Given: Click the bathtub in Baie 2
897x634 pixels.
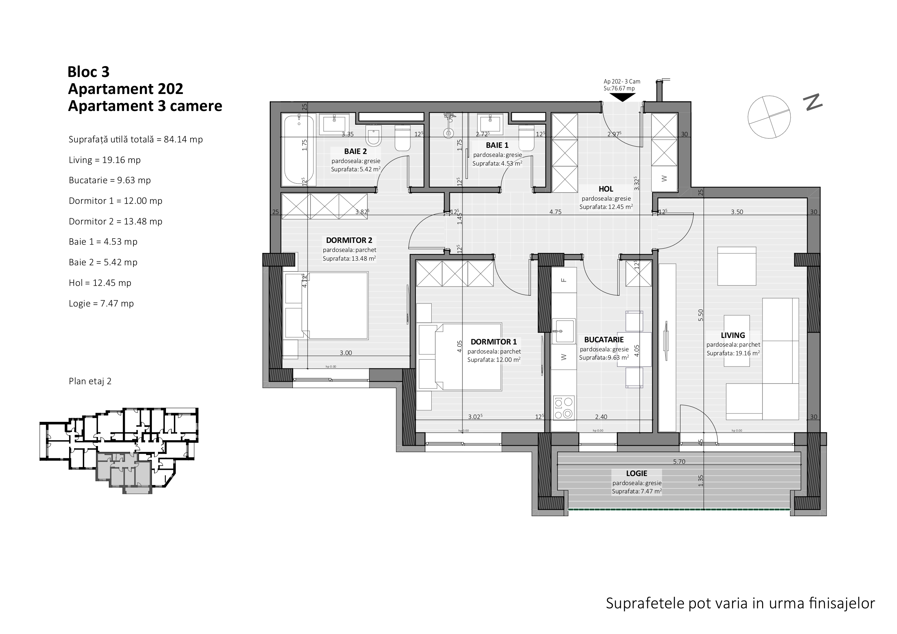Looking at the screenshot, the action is pos(299,150).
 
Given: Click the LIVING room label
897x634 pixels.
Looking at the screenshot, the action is pos(732,335).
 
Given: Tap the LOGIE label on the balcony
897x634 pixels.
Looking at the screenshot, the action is pos(636,474).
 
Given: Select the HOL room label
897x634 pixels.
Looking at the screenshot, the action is pos(606,189).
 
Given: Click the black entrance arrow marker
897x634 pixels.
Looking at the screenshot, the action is pos(622,97).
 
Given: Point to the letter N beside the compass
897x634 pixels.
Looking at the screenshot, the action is pos(813,102).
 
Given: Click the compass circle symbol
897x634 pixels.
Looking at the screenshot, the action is pos(769,117).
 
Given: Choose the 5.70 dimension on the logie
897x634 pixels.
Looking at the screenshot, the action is pos(679,462).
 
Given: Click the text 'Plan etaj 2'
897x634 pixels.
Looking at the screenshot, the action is pos(90,381).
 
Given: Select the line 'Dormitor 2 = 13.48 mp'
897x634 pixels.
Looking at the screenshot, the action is pos(116,222).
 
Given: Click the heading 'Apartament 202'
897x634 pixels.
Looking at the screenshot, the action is pos(125,89).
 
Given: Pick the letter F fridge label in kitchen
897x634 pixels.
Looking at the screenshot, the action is pos(563,280).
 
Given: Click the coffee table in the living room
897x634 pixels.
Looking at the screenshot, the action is pos(736,340).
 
